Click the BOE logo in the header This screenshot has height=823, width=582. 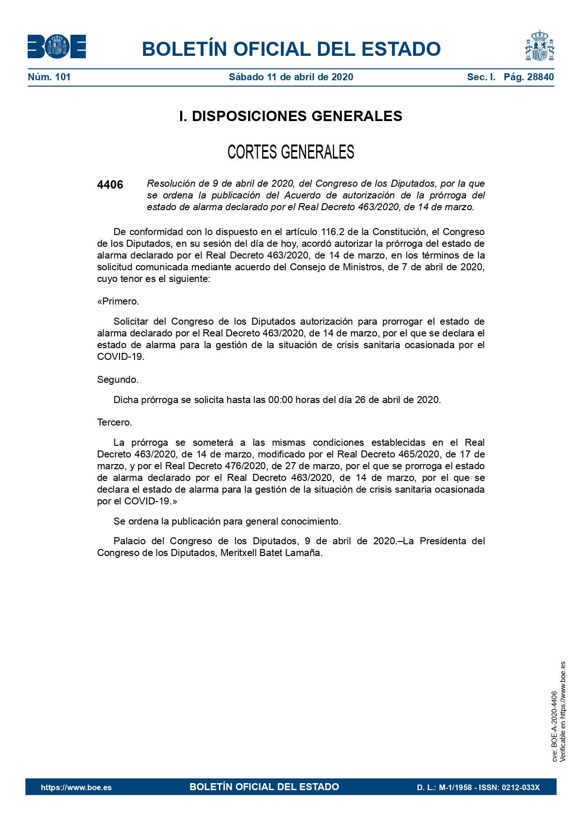point(57,47)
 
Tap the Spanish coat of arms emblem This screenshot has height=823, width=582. point(539,46)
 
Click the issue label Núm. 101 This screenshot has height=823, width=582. point(49,77)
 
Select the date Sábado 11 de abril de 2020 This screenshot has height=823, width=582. point(291,77)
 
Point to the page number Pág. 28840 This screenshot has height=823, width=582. point(529,77)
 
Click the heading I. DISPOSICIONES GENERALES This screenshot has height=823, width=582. point(291,116)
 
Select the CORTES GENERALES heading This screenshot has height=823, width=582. point(291,152)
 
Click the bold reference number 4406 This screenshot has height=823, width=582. point(110,185)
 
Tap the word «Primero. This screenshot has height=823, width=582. point(118,301)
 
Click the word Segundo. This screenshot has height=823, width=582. point(118,380)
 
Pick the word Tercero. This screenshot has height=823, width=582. point(114,422)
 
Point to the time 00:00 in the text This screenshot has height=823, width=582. point(280,400)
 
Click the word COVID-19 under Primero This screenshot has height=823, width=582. point(120,357)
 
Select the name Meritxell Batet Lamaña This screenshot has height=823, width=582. point(271,553)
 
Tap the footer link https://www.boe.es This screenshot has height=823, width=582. point(76,787)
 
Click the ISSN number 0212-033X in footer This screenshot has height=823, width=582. point(521,787)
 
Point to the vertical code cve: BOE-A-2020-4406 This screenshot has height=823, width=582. point(554,726)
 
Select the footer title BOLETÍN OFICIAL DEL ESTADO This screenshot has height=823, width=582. point(264,787)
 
